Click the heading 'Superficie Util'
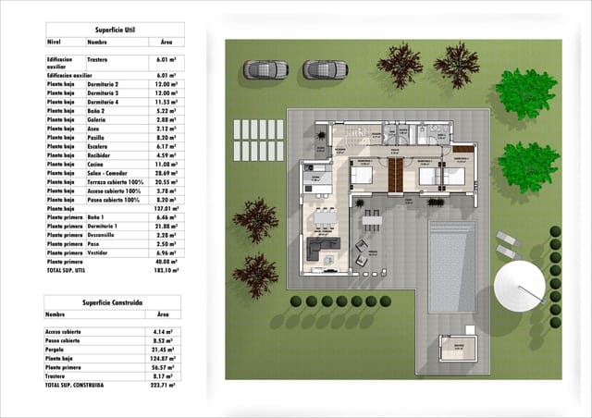coord(114,29)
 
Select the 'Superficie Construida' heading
coord(112,301)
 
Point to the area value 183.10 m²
coord(166,271)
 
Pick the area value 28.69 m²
coord(166,173)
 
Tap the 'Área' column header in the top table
coord(166,42)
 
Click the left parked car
coord(265,69)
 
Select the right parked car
coord(325,69)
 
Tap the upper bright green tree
coord(525,93)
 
